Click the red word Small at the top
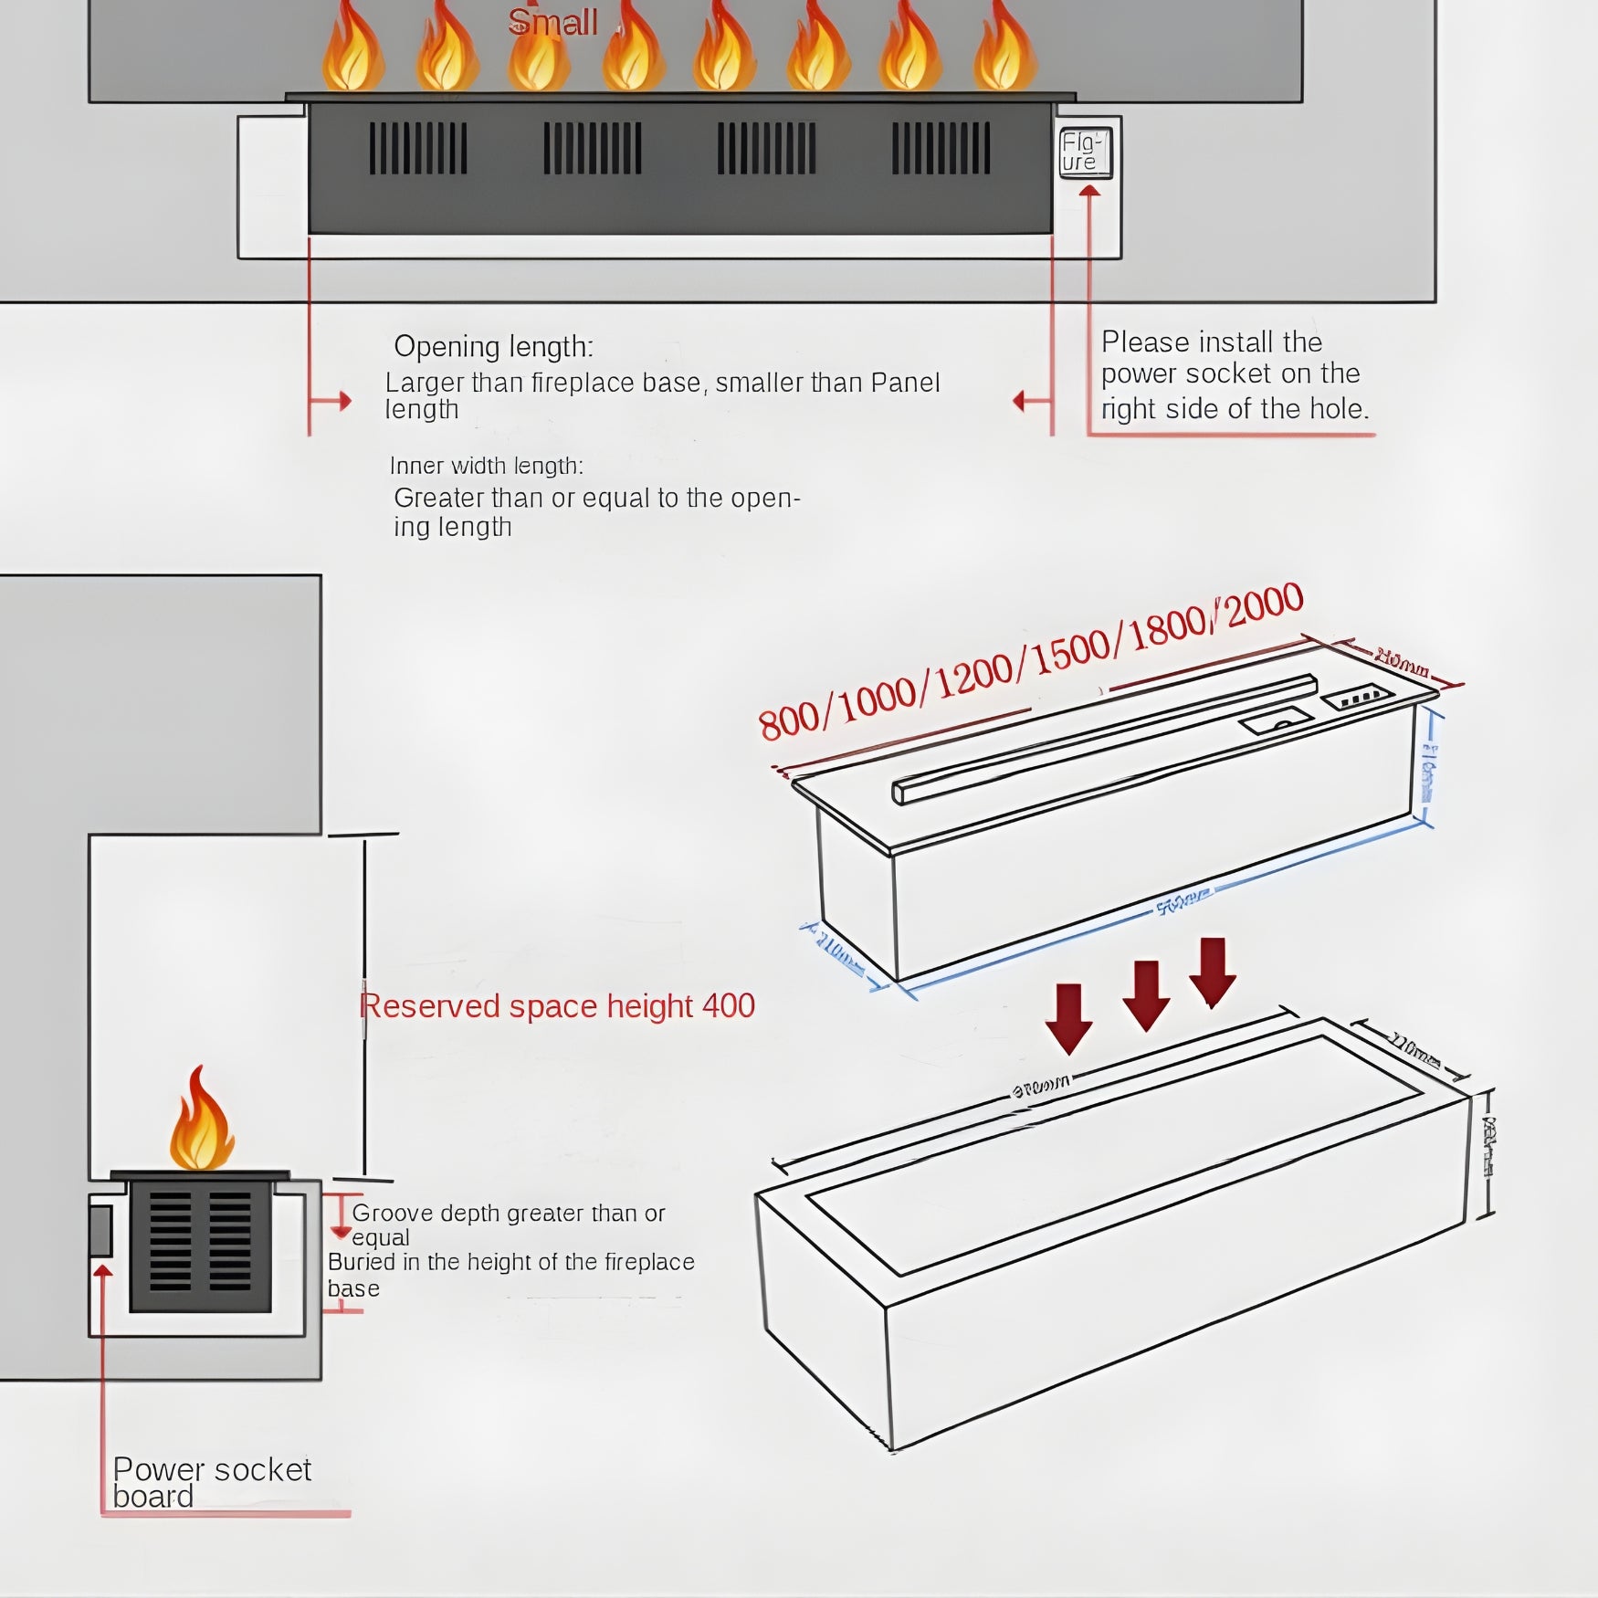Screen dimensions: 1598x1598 pyautogui.click(x=552, y=22)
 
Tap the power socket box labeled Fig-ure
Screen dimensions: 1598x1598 pyautogui.click(x=1085, y=152)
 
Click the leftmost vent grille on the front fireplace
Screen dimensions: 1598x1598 pyautogui.click(x=418, y=149)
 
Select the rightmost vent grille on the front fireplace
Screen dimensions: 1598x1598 pyautogui.click(x=941, y=149)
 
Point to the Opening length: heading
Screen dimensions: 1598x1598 pyautogui.click(x=493, y=347)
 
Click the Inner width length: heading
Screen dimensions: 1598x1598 pyautogui.click(x=486, y=466)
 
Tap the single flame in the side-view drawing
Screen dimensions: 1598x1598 pyautogui.click(x=201, y=1121)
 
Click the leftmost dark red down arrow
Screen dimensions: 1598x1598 pyautogui.click(x=1068, y=1017)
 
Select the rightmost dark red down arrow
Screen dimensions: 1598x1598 pyautogui.click(x=1213, y=972)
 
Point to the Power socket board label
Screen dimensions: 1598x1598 pyautogui.click(x=211, y=1482)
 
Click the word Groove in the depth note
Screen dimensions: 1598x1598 pyautogui.click(x=392, y=1213)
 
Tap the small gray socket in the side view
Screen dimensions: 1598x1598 pyautogui.click(x=100, y=1230)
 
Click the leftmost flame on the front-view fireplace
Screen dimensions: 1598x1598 pyautogui.click(x=352, y=50)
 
